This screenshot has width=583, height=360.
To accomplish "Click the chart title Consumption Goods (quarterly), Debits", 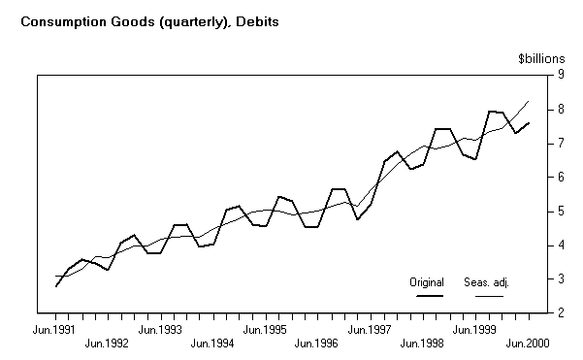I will pyautogui.click(x=145, y=20).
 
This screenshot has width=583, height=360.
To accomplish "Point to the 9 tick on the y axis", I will pyautogui.click(x=559, y=76).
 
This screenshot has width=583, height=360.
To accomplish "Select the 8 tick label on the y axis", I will pyautogui.click(x=559, y=110).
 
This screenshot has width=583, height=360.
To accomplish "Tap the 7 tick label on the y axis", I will pyautogui.click(x=559, y=144).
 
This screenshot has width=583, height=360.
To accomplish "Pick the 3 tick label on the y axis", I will pyautogui.click(x=559, y=279).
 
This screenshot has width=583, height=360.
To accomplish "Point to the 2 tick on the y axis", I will pyautogui.click(x=559, y=313).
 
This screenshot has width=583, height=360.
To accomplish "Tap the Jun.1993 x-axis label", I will pyautogui.click(x=161, y=330).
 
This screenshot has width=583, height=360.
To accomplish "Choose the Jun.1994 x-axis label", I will pyautogui.click(x=212, y=344).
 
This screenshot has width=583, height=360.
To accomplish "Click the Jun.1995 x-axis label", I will pyautogui.click(x=266, y=330).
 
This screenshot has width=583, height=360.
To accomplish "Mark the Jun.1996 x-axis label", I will pyautogui.click(x=317, y=344).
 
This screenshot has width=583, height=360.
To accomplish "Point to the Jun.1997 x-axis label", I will pyautogui.click(x=371, y=330).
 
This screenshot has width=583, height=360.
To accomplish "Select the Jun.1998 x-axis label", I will pyautogui.click(x=423, y=344).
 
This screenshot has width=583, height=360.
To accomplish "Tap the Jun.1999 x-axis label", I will pyautogui.click(x=475, y=330).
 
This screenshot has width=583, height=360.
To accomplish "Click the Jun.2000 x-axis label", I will pyautogui.click(x=528, y=344).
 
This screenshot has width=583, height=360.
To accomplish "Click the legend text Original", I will pyautogui.click(x=426, y=282).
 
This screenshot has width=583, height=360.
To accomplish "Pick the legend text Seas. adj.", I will pyautogui.click(x=490, y=282).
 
